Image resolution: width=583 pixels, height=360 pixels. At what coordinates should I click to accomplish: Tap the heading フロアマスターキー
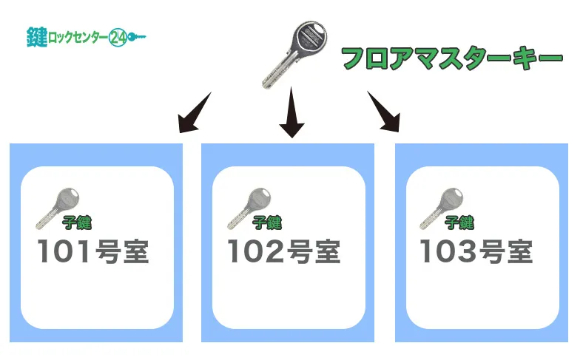tap(451, 58)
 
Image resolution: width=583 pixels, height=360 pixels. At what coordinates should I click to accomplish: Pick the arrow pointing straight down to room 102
tap(292, 112)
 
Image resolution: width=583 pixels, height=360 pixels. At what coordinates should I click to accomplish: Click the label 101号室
tap(93, 252)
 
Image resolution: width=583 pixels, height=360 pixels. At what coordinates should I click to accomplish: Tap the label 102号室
tap(284, 252)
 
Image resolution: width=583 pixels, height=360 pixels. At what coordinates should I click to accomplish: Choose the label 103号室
tap(476, 252)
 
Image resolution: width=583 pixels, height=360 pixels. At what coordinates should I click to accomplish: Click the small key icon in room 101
tap(58, 206)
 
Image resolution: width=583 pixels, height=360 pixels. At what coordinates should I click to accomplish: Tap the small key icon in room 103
tap(442, 206)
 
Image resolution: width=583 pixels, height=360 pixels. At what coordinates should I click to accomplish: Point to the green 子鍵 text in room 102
tap(267, 221)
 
